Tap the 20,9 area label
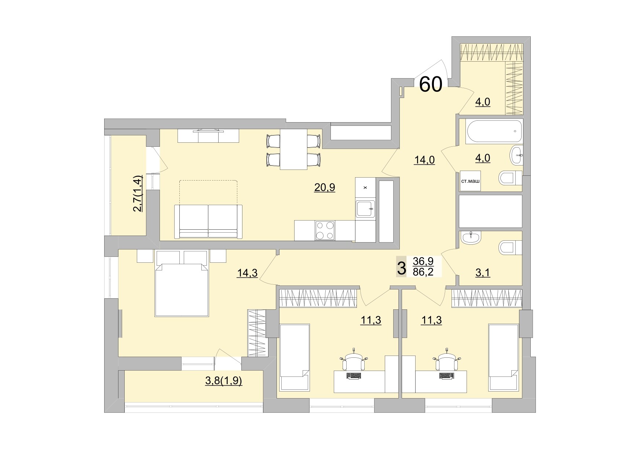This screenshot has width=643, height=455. click(325, 188)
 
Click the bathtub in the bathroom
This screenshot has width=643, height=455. click(494, 131)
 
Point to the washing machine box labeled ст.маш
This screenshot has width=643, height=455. click(470, 181)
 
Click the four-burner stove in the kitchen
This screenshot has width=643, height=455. click(325, 230)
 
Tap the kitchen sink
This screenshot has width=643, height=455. click(365, 210)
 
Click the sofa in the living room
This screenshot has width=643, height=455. click(208, 222)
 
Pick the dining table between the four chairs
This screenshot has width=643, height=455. click(293, 149)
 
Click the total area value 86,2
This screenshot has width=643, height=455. click(423, 272)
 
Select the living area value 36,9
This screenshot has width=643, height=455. click(423, 261)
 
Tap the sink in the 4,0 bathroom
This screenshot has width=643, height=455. click(516, 155)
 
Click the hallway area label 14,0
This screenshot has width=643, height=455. click(424, 160)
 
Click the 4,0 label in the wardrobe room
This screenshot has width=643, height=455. click(483, 102)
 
